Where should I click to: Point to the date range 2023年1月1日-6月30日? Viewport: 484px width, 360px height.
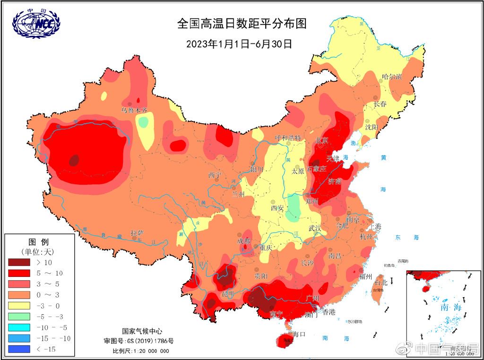[x=239, y=44]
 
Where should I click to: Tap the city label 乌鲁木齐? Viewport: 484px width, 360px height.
[x=135, y=110]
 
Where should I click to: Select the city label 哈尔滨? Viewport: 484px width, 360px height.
[x=391, y=77]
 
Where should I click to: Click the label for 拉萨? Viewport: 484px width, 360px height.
[x=137, y=232]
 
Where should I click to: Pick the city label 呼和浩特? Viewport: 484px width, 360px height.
[x=288, y=138]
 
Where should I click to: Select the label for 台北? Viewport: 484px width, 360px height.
[x=380, y=283]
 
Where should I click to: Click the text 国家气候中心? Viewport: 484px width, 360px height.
[x=142, y=331]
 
